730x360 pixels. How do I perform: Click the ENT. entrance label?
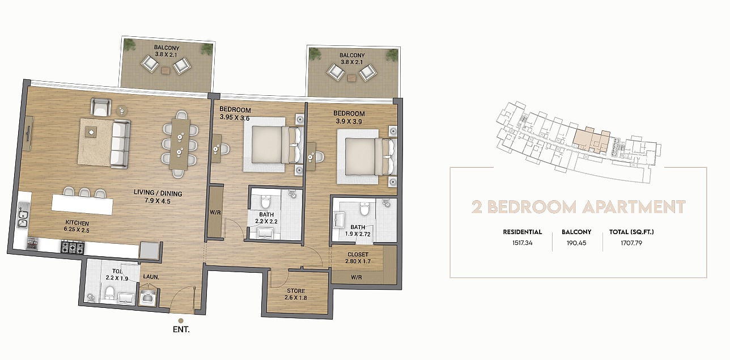pyautogui.click(x=181, y=329)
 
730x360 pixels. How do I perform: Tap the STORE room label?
pyautogui.click(x=296, y=290)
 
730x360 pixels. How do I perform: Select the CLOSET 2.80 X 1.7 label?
pyautogui.click(x=358, y=257)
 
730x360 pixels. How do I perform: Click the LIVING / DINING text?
pyautogui.click(x=158, y=193)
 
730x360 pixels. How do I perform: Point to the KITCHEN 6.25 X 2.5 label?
pyautogui.click(x=77, y=226)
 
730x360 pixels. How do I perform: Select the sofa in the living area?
pyautogui.click(x=120, y=144)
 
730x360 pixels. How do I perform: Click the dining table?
pyautogui.click(x=180, y=144)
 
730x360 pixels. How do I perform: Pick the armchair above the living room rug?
pyautogui.click(x=101, y=107)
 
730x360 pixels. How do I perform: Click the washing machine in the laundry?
pyautogui.click(x=149, y=297)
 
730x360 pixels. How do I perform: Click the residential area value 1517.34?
pyautogui.click(x=522, y=243)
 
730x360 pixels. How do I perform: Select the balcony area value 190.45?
pyautogui.click(x=576, y=243)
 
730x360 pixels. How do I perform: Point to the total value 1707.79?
pyautogui.click(x=631, y=243)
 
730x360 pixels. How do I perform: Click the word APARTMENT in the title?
pyautogui.click(x=634, y=207)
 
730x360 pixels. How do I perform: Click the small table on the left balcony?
pyautogui.click(x=165, y=70)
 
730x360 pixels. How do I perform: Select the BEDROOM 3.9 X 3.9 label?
pyautogui.click(x=349, y=117)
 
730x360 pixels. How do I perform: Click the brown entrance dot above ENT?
pyautogui.click(x=181, y=321)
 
